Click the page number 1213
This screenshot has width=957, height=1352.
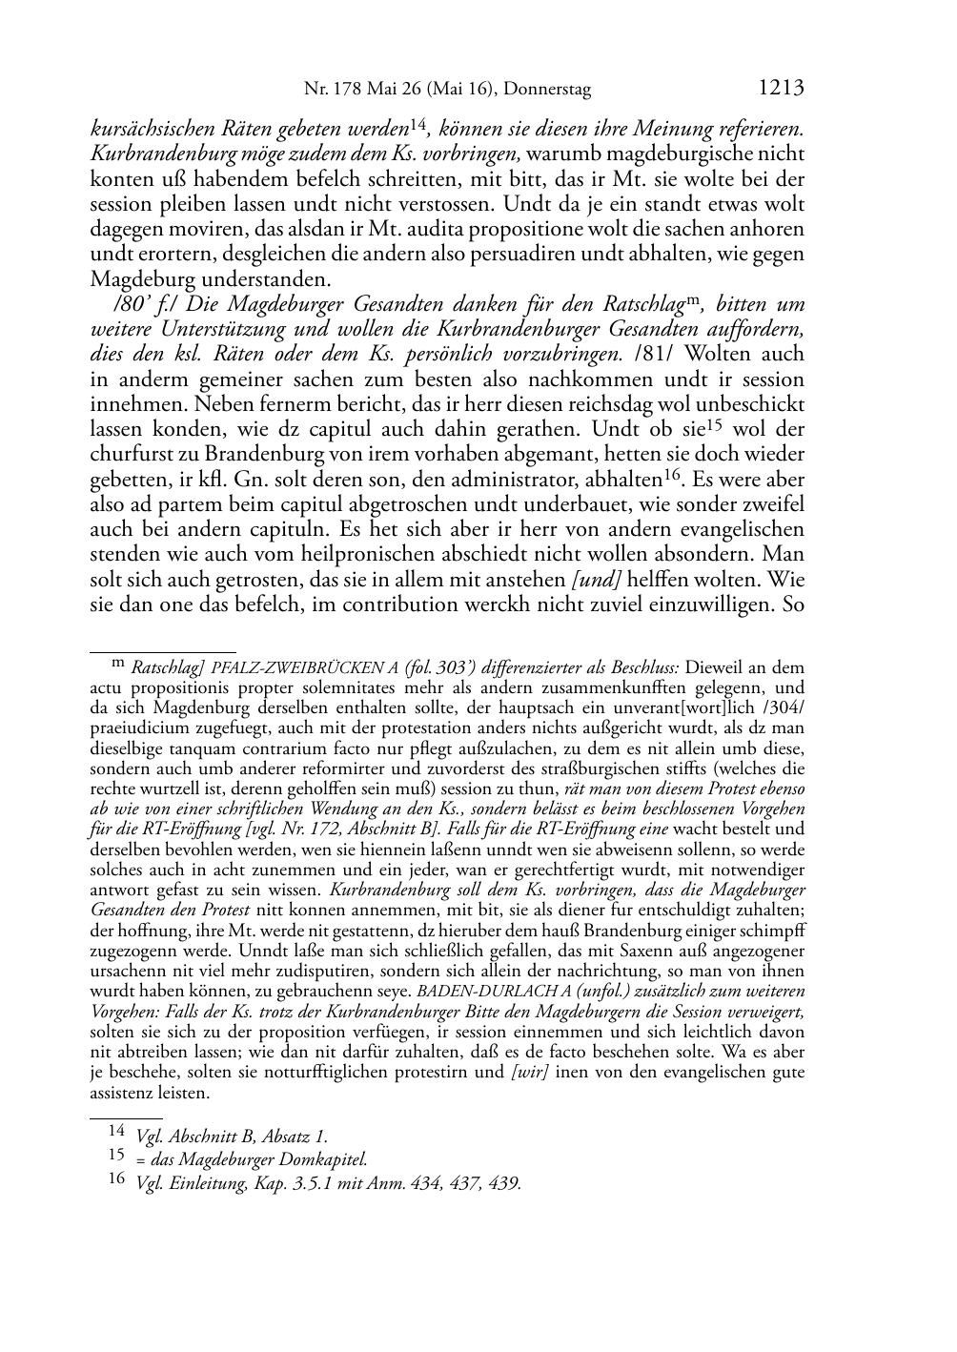782,89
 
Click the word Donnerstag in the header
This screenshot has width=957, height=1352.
547,90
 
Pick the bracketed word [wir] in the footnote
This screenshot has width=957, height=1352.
529,1072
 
